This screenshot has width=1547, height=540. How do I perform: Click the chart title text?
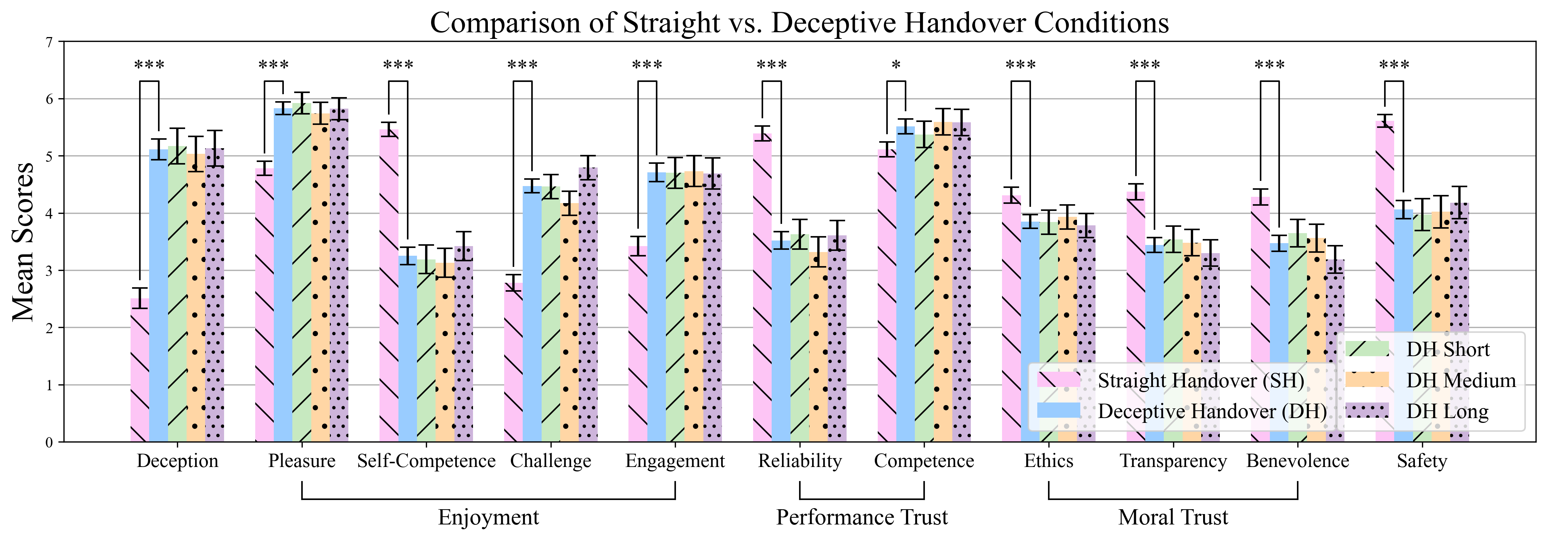click(799, 23)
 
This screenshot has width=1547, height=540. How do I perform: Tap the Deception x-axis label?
click(177, 461)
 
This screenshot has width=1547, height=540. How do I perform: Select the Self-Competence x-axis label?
click(426, 461)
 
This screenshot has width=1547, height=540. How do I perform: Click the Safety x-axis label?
click(1422, 461)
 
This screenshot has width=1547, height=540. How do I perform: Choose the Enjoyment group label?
click(488, 517)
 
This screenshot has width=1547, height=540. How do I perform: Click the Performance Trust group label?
click(862, 517)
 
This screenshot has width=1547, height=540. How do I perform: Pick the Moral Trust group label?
click(1173, 517)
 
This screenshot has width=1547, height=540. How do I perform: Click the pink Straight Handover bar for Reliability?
click(762, 288)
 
